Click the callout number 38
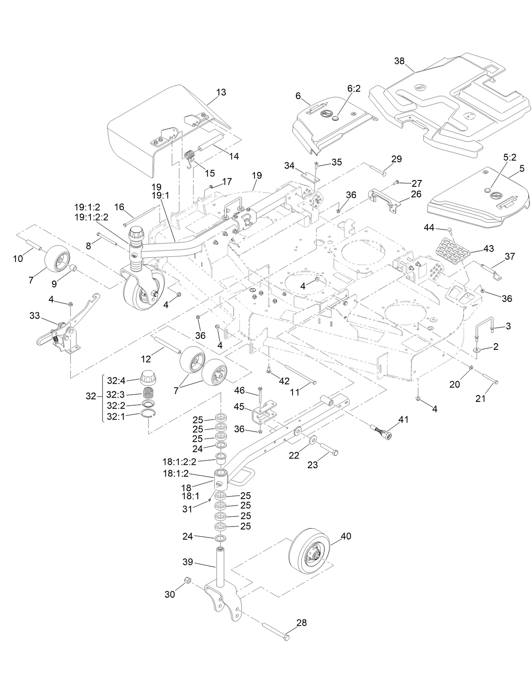point(399,61)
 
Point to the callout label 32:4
point(116,380)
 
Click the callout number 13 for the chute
point(221,92)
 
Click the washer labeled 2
point(477,350)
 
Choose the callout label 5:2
point(510,157)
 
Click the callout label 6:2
point(354,88)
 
